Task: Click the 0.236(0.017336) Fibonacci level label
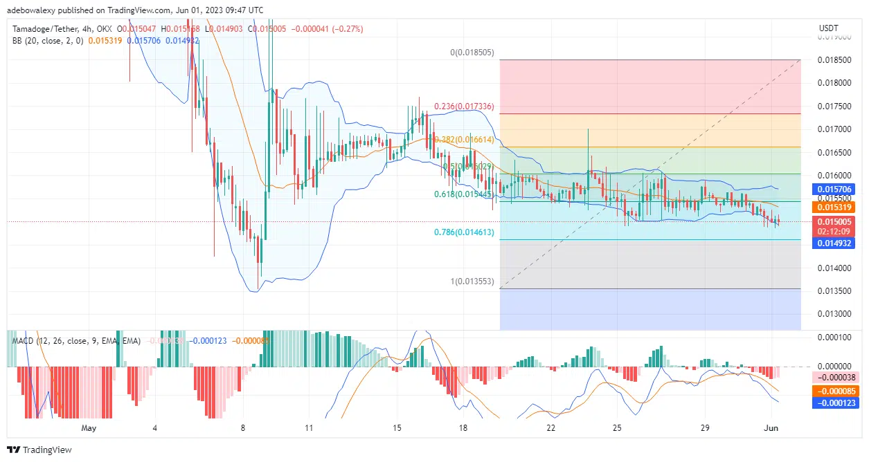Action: [464, 107]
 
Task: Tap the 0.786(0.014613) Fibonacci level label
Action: [464, 232]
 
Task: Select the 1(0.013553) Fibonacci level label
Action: [472, 281]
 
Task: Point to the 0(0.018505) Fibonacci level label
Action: [472, 52]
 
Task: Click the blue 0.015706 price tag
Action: [834, 189]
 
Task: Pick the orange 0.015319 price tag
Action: [834, 207]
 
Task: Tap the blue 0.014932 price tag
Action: [834, 243]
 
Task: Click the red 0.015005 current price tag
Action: [834, 221]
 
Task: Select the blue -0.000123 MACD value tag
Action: [834, 403]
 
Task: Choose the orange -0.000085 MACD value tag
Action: [834, 390]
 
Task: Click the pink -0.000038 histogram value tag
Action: [834, 378]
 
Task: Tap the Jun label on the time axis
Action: [771, 428]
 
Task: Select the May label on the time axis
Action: [88, 428]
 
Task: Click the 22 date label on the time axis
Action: [551, 428]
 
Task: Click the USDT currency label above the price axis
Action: [828, 28]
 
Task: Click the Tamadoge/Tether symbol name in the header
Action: [42, 28]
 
